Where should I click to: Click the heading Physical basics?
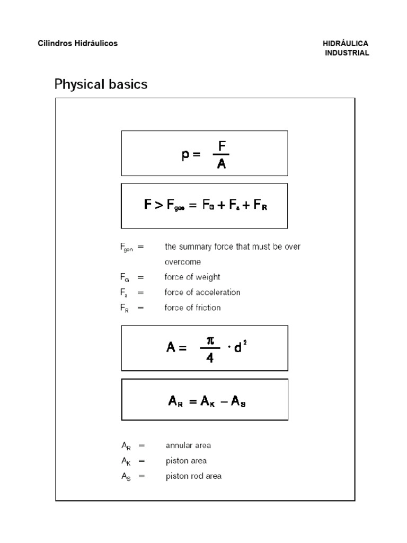[101, 84]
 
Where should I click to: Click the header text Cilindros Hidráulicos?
[78, 43]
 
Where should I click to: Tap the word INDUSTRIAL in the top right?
[347, 53]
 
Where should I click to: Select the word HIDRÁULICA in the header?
[345, 43]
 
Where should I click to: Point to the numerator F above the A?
[222, 145]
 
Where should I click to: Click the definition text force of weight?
[192, 277]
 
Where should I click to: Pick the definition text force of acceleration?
[202, 292]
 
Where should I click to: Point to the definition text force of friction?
[193, 308]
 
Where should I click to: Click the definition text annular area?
[188, 445]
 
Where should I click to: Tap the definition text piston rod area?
[193, 476]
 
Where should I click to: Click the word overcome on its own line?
[183, 262]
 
